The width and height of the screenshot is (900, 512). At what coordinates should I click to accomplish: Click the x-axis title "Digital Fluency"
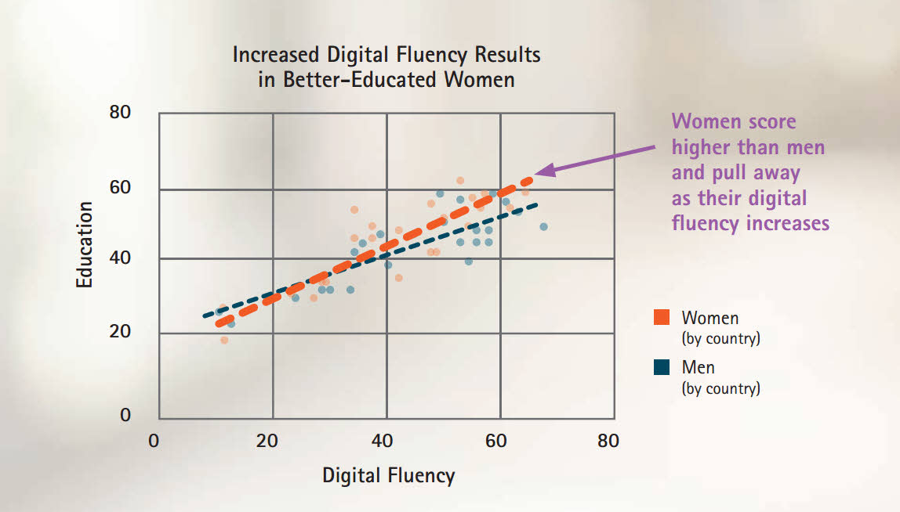(x=388, y=475)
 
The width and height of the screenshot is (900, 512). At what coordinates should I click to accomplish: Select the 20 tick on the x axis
(x=268, y=441)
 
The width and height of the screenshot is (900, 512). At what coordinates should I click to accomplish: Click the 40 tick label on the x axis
(x=382, y=441)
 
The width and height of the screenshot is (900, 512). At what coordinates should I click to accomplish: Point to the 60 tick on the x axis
(x=495, y=441)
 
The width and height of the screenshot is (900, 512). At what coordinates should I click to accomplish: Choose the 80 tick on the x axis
(x=608, y=441)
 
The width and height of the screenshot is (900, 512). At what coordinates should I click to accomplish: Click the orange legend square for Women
(x=662, y=318)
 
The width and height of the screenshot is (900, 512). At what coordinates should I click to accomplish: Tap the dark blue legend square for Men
(x=662, y=367)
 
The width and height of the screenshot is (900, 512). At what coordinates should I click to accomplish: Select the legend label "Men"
(x=698, y=367)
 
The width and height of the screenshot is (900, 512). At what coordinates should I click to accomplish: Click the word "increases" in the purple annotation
(x=785, y=223)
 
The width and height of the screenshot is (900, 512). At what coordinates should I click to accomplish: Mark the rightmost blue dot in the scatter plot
(x=543, y=226)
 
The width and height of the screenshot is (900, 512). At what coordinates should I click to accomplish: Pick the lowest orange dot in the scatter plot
(x=224, y=340)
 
